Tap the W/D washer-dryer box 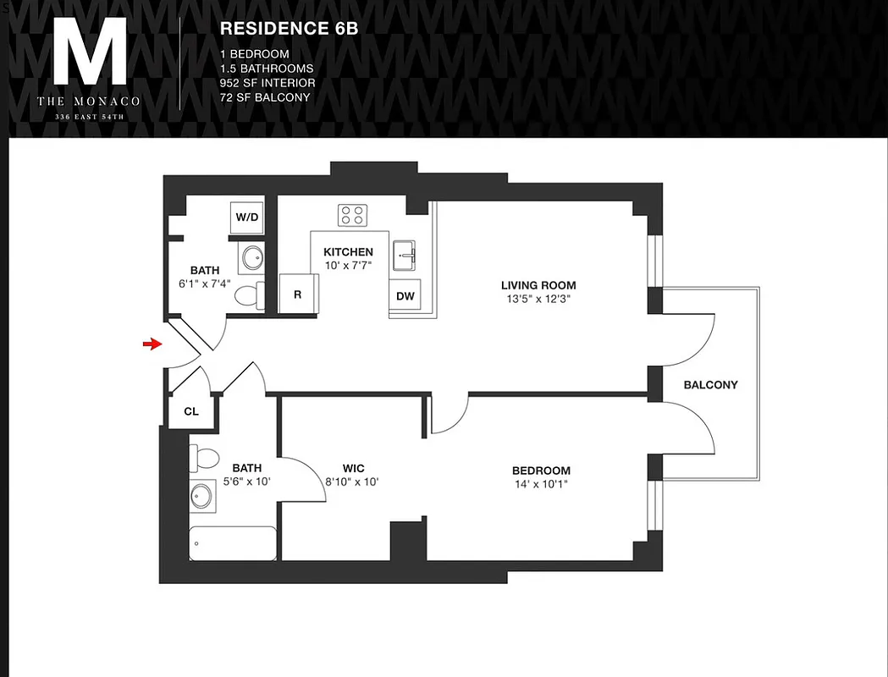click(x=247, y=217)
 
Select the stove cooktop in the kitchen click(x=353, y=215)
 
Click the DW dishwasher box click(x=405, y=296)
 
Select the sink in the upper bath click(x=251, y=258)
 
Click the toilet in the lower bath click(x=204, y=458)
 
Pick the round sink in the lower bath click(x=202, y=497)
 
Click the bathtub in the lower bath click(x=233, y=543)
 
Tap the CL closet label click(x=191, y=412)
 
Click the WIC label click(x=354, y=468)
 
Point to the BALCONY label click(x=710, y=384)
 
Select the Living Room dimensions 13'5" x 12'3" click(x=538, y=298)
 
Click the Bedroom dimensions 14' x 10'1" click(x=540, y=485)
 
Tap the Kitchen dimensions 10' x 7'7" click(x=348, y=265)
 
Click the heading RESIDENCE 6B click(x=289, y=28)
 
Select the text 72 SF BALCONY click(x=264, y=97)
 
